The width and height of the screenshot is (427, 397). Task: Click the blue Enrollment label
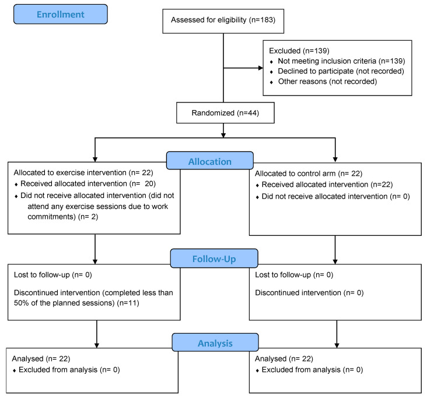pos(61,14)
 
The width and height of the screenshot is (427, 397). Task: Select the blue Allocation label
pos(209,161)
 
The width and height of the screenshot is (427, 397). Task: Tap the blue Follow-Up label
pos(214,258)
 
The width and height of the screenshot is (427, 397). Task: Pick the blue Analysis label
pos(215,342)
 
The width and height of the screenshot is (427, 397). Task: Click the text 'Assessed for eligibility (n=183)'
pos(223,20)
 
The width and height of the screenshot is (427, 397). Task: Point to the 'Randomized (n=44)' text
pos(225,113)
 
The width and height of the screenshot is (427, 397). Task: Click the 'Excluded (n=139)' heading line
pos(299,51)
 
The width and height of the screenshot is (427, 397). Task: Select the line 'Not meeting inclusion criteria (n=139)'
pos(341,61)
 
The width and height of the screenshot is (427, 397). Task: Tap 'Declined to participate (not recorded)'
pos(341,71)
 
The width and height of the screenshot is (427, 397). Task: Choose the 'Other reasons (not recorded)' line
pos(327,81)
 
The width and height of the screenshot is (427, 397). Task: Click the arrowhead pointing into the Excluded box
pos(261,68)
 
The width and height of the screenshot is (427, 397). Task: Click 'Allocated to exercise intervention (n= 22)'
pos(83,172)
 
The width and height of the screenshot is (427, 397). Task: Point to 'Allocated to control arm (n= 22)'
pos(309,173)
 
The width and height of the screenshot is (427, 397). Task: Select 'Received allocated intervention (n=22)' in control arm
pos(327,185)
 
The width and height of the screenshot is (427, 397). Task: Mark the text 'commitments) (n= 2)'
pos(62,217)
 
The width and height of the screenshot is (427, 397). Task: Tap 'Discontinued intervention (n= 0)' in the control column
pos(309,293)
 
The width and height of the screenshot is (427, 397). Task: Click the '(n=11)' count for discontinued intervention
pos(128,303)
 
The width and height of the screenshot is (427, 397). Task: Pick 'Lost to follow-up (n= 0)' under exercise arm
pos(53,275)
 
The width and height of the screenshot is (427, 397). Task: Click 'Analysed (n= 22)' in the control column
pos(283,359)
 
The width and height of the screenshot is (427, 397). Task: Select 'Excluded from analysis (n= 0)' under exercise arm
pos(69,370)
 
